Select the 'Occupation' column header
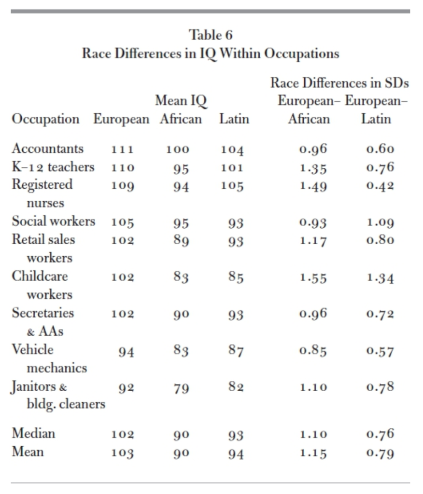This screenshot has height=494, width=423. tap(46, 119)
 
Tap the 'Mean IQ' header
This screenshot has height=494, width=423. tap(181, 101)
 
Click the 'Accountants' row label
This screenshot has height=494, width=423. tap(47, 148)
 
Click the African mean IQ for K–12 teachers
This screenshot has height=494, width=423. tap(181, 168)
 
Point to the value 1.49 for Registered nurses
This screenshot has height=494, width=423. tap(313, 187)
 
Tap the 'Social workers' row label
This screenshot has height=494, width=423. tap(54, 221)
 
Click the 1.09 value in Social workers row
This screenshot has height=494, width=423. tap(381, 223)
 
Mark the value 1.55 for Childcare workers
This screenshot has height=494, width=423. tap(313, 278)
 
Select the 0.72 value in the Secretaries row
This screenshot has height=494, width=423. tap(381, 315)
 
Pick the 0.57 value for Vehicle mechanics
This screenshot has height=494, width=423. tap(381, 352)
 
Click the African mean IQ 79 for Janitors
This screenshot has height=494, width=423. tap(181, 388)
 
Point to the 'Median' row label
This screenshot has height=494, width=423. tap(33, 433)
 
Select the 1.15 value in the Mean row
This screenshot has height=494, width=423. tap(313, 453)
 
